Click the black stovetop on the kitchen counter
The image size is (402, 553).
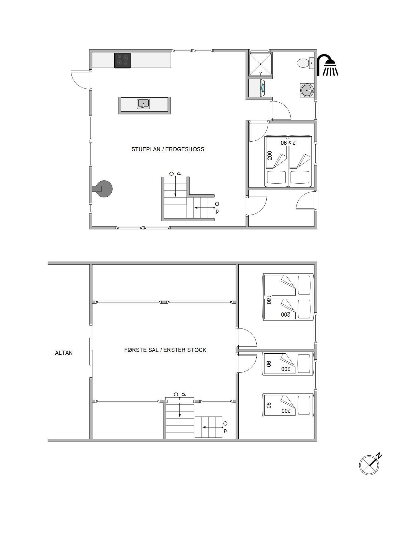(123, 61)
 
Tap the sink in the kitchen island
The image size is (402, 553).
(143, 104)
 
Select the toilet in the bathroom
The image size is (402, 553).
(306, 63)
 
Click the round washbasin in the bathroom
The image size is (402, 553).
(307, 90)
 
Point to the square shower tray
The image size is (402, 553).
(261, 64)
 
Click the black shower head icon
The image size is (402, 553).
(328, 65)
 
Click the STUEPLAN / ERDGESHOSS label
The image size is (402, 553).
(168, 149)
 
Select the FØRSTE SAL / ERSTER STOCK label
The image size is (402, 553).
(165, 350)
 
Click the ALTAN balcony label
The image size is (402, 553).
(64, 353)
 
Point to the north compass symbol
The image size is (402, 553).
(370, 464)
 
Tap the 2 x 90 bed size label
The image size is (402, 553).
(288, 143)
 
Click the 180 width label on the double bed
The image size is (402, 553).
(268, 300)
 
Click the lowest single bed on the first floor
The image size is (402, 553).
(288, 405)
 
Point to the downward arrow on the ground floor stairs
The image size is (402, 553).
(175, 186)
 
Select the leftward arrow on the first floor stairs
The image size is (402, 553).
(213, 427)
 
